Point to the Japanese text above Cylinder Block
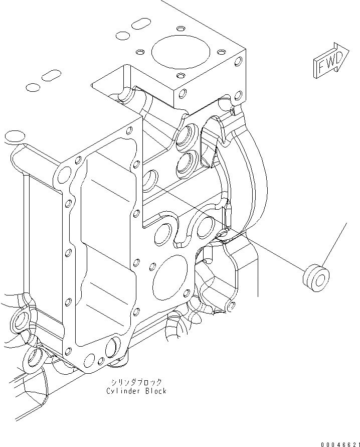pos(136,382)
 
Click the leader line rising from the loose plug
pos(334,246)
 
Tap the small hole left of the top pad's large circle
pos(140,51)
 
